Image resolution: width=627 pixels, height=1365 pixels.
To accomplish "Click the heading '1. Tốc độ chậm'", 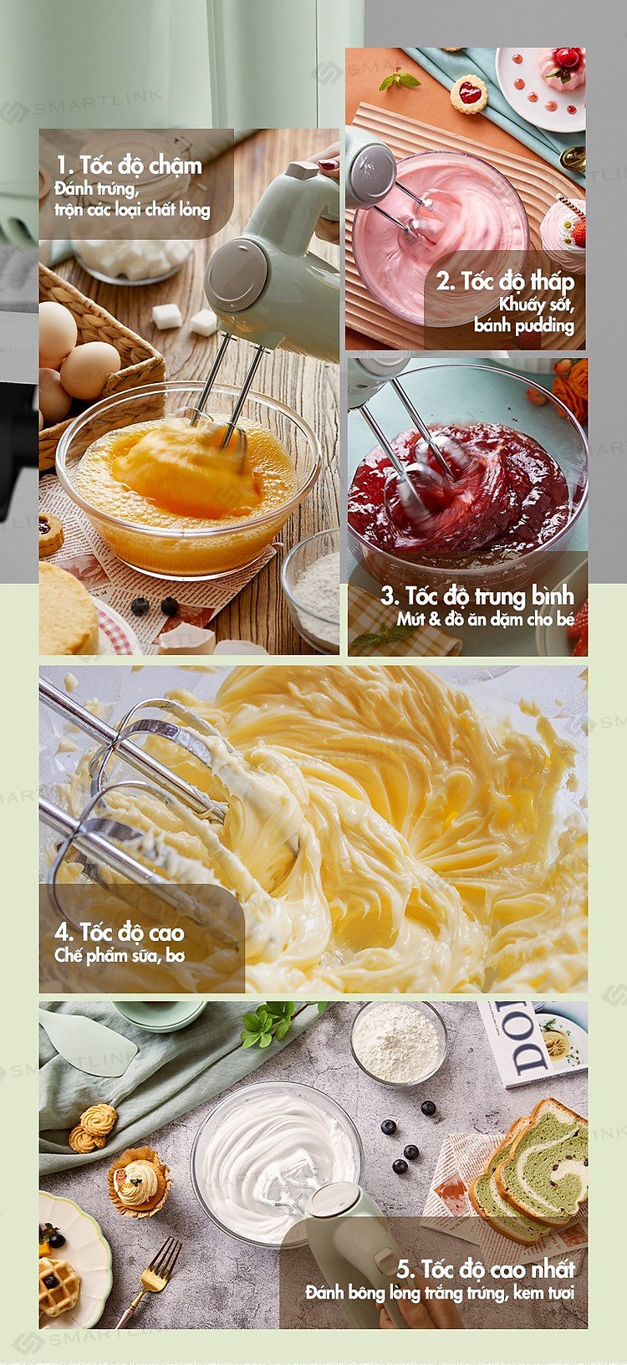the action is pyautogui.click(x=129, y=165).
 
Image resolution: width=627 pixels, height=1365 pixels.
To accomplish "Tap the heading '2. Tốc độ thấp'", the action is pyautogui.click(x=505, y=282).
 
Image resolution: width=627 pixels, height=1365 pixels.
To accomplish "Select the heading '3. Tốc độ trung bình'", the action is pyautogui.click(x=477, y=596).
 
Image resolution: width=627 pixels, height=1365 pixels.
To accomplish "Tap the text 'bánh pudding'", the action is pyautogui.click(x=524, y=325).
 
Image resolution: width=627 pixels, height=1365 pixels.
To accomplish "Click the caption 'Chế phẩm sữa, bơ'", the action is pyautogui.click(x=120, y=955).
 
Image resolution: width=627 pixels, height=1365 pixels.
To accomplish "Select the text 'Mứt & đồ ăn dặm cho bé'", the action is pyautogui.click(x=486, y=620).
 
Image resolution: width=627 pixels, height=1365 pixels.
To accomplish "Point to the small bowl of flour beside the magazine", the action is pyautogui.click(x=398, y=1043).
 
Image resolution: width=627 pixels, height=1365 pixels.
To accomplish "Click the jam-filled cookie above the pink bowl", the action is pyautogui.click(x=468, y=94).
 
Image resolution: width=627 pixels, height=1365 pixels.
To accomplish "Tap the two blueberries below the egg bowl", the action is pyautogui.click(x=155, y=606).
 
